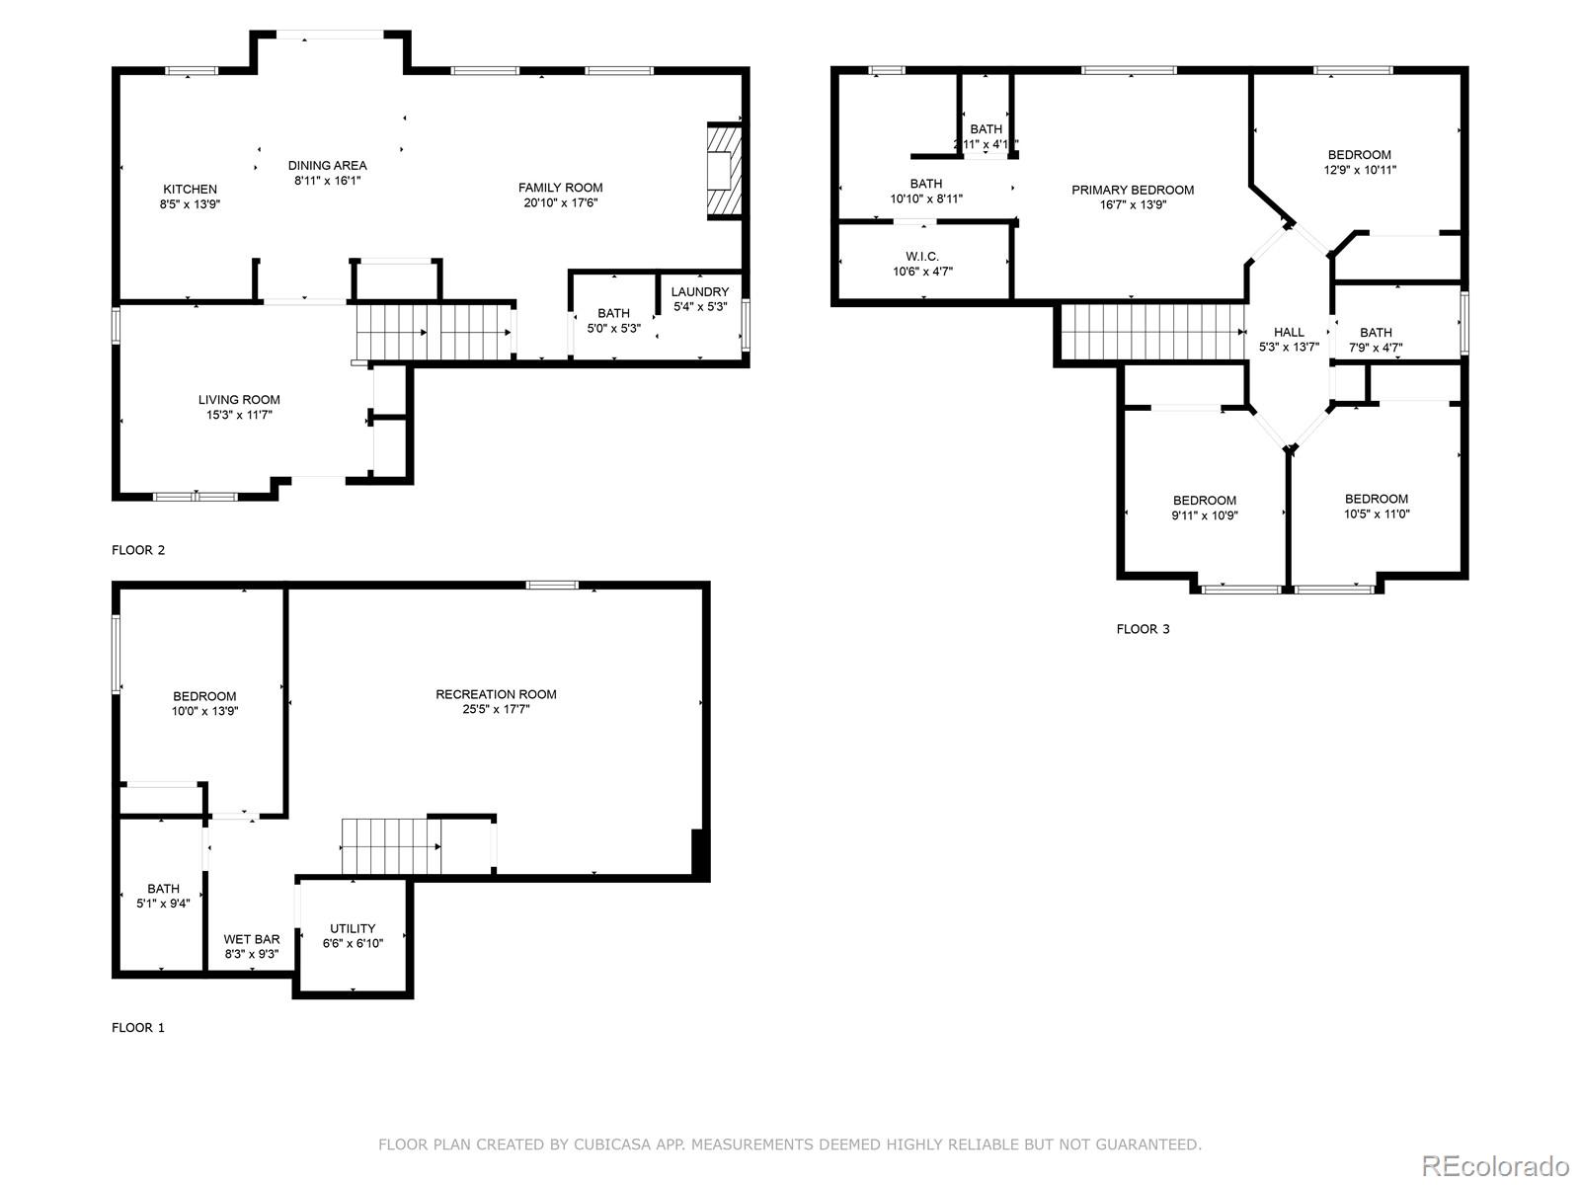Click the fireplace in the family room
(x=724, y=171)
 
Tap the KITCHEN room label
(x=190, y=190)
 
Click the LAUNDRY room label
(x=699, y=292)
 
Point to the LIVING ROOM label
(x=239, y=400)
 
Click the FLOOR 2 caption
(x=138, y=550)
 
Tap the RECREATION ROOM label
(x=496, y=694)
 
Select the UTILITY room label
(x=353, y=928)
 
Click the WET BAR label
(x=251, y=939)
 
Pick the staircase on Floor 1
(x=390, y=846)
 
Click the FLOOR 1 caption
(x=138, y=1027)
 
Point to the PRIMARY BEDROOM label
(x=1133, y=190)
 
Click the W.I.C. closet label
(x=922, y=257)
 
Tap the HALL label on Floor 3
(x=1289, y=332)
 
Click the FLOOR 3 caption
(x=1143, y=629)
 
